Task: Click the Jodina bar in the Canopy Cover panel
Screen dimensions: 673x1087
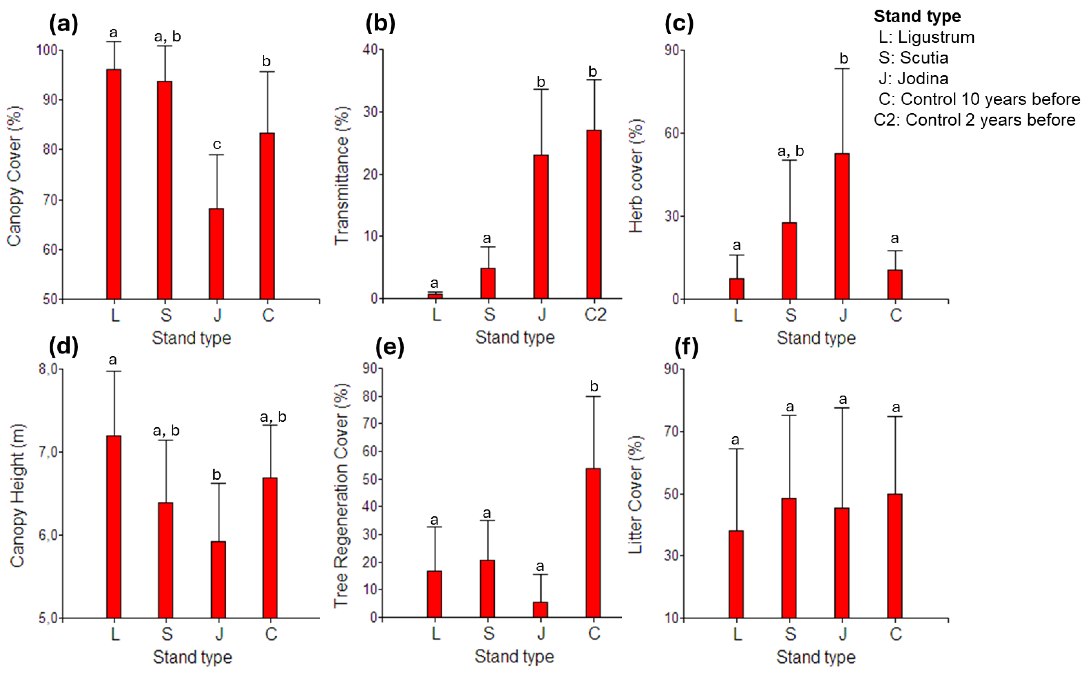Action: coord(216,254)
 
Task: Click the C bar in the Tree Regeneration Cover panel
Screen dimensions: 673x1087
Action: coord(593,543)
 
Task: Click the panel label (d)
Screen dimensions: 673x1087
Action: coord(64,346)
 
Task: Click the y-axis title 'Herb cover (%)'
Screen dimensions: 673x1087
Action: coord(636,176)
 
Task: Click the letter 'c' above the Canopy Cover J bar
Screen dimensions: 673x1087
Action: coord(217,144)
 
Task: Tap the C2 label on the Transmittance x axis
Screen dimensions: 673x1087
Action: coord(595,315)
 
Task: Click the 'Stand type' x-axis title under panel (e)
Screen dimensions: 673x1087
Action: coord(514,656)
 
